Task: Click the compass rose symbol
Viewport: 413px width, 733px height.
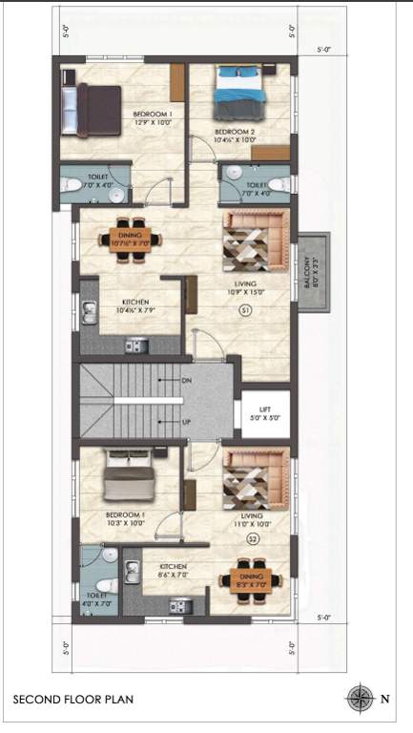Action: click(360, 698)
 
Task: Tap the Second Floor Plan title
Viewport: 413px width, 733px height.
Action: click(73, 700)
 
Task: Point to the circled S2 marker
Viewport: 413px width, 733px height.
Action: click(254, 539)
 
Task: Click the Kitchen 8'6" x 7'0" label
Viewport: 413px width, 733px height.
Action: click(173, 571)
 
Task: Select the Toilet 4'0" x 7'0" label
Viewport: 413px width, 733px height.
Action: click(96, 598)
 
